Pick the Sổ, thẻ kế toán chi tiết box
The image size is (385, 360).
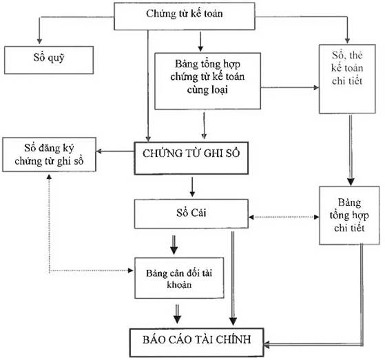(x=348, y=77)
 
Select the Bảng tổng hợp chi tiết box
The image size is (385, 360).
(x=350, y=215)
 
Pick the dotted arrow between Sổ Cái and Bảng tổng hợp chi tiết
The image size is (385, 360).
(x=282, y=216)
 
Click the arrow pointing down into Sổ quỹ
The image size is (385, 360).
(x=39, y=34)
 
